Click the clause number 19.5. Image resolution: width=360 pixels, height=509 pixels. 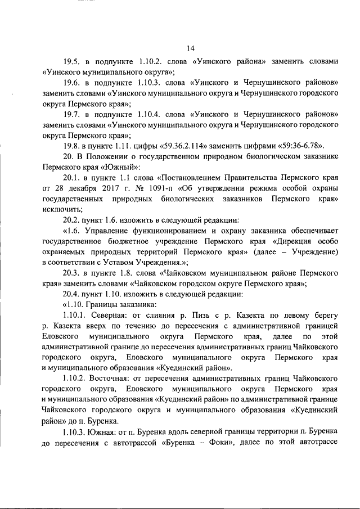[x=71, y=61]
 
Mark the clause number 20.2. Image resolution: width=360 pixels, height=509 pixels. [x=71, y=220]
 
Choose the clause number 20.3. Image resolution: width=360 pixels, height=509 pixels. [x=71, y=274]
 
